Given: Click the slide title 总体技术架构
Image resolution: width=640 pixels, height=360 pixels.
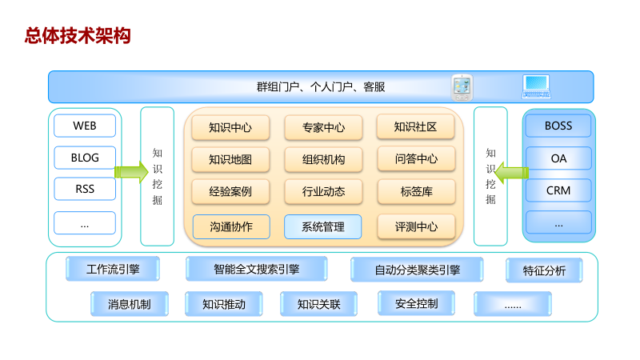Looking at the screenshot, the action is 77,35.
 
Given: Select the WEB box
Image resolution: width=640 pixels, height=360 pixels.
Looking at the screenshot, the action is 85,126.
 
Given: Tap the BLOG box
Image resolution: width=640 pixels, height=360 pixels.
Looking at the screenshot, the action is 85,158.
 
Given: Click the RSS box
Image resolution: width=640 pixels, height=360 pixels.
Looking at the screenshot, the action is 85,190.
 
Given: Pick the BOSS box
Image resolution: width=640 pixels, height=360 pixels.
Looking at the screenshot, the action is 558,126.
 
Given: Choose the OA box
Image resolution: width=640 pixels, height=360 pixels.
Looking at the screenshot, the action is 558,158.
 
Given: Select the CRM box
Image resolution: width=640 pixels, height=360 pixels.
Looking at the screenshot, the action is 558,190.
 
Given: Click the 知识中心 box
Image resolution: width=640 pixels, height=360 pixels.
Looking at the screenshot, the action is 230,127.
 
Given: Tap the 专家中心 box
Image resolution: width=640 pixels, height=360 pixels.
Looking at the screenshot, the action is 323,127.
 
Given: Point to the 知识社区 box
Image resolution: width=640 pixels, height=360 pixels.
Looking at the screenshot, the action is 416,126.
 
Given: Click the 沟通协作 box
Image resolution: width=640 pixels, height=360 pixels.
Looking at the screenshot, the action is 231,226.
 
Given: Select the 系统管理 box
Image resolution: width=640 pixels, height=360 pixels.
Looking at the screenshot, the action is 323,226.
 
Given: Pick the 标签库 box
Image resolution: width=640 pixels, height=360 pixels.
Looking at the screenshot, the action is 416,191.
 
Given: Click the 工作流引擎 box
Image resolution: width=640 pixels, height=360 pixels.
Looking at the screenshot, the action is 113,269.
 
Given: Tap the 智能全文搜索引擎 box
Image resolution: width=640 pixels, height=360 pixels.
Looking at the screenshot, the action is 256,269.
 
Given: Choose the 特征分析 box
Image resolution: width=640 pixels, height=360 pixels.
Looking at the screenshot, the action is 544,270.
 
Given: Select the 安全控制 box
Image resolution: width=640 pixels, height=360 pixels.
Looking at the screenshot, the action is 417,303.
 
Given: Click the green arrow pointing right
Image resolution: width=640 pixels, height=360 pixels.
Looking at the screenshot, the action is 130,171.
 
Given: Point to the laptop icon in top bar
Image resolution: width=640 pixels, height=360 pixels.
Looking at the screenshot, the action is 536,86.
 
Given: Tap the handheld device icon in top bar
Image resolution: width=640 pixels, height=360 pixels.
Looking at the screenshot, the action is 462,86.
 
